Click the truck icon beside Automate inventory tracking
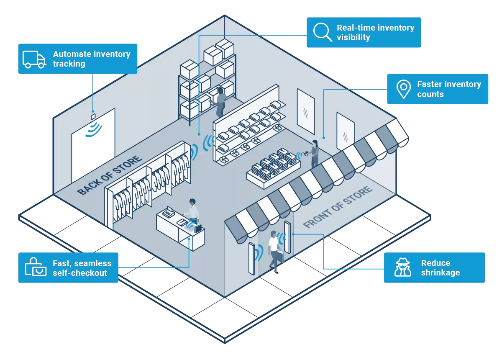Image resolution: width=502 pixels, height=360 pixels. click(x=34, y=59)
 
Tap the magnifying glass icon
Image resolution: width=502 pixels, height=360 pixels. click(x=323, y=32)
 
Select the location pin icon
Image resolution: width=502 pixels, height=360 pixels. click(x=403, y=89)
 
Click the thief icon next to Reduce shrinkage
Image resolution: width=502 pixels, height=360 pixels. click(x=403, y=268)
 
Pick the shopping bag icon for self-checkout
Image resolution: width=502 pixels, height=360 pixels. click(x=36, y=268)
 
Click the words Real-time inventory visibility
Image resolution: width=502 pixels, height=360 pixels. click(x=375, y=33)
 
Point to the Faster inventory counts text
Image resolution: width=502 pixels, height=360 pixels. click(x=449, y=89)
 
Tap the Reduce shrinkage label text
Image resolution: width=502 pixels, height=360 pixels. click(x=441, y=268)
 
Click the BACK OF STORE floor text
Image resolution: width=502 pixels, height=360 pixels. click(x=110, y=176)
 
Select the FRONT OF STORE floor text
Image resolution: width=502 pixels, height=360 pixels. click(x=338, y=207)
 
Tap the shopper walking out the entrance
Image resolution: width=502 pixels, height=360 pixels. click(x=274, y=252)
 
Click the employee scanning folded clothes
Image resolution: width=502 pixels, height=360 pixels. click(x=315, y=153)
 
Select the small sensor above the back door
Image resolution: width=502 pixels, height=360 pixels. click(x=94, y=116)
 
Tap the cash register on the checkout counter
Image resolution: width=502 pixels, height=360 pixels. click(x=168, y=213)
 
